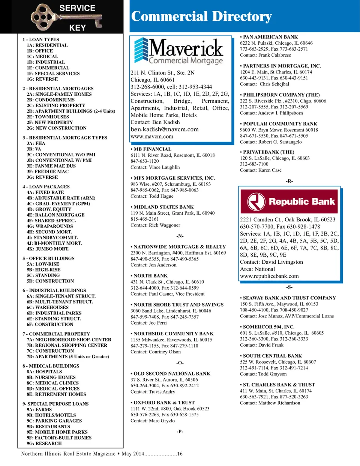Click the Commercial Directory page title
click(201, 17)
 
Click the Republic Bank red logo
click(289, 201)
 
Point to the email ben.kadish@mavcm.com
click(165, 129)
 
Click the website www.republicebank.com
click(269, 276)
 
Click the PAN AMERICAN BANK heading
click(269, 37)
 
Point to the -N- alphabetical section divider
click(180, 236)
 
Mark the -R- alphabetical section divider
click(289, 181)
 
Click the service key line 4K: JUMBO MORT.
click(48, 249)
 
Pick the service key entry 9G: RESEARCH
click(44, 443)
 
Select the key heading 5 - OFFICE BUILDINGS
click(48, 259)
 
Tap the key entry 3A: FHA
click(36, 143)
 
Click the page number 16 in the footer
click(180, 454)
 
